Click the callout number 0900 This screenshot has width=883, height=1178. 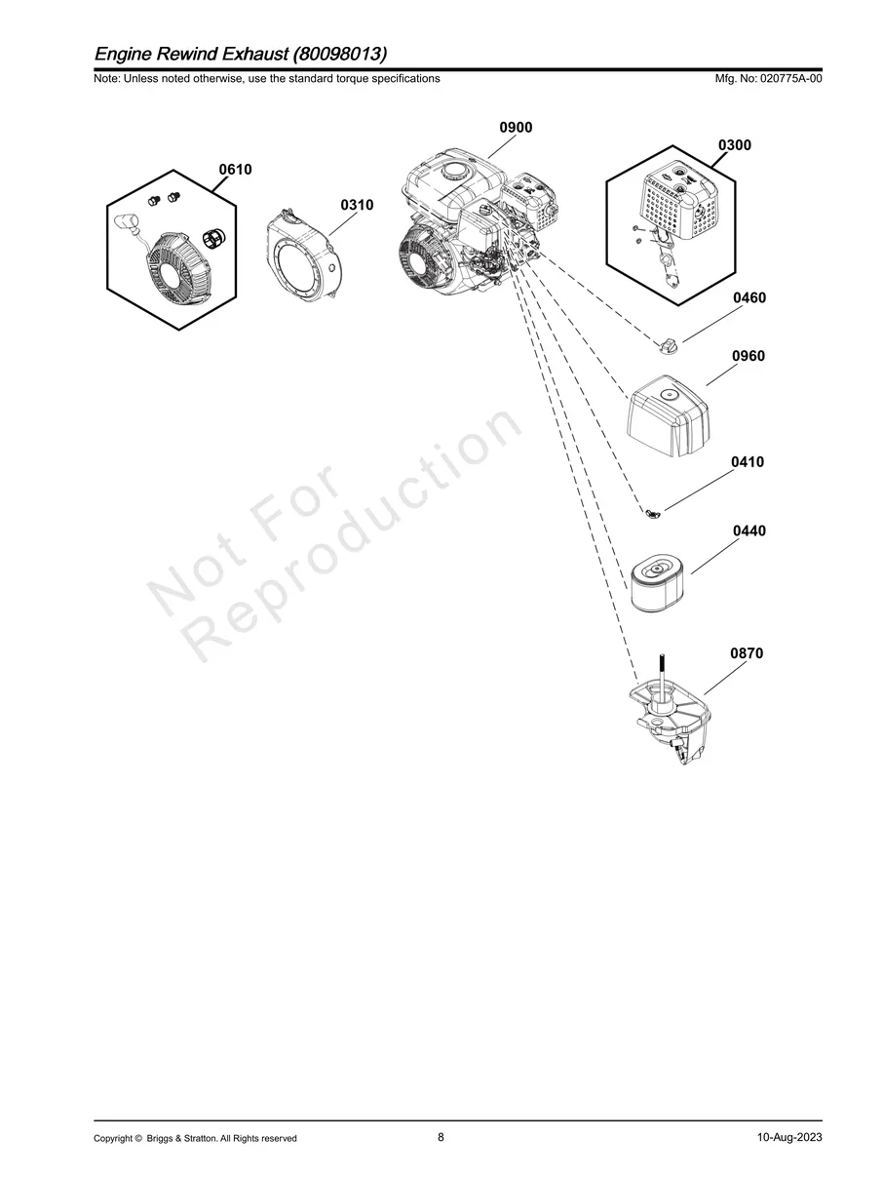click(x=516, y=127)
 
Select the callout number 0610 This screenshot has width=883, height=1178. click(x=235, y=170)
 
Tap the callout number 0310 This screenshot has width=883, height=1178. click(x=357, y=205)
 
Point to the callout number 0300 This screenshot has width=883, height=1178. click(x=735, y=145)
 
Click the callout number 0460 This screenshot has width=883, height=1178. click(x=749, y=297)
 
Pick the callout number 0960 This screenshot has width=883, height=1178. click(x=749, y=356)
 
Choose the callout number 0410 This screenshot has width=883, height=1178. click(x=748, y=462)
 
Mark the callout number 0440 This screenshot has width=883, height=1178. click(x=749, y=530)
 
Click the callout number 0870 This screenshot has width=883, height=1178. click(x=747, y=653)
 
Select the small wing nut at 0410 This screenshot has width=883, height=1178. click(x=653, y=514)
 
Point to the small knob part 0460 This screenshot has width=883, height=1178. click(x=667, y=345)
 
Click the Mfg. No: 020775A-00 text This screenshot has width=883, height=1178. click(x=768, y=79)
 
